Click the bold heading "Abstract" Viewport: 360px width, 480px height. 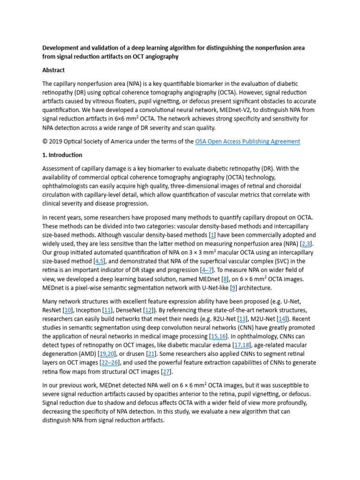(54, 70)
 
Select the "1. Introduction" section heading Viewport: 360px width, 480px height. (62, 155)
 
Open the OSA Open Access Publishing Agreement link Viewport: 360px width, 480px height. (247, 141)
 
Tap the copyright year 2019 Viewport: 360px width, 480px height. (56, 141)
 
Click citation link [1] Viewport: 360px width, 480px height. (212, 235)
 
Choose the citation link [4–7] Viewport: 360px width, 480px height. (207, 270)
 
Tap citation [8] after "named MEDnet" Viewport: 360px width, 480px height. (225, 279)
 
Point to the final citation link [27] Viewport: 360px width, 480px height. (165, 372)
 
